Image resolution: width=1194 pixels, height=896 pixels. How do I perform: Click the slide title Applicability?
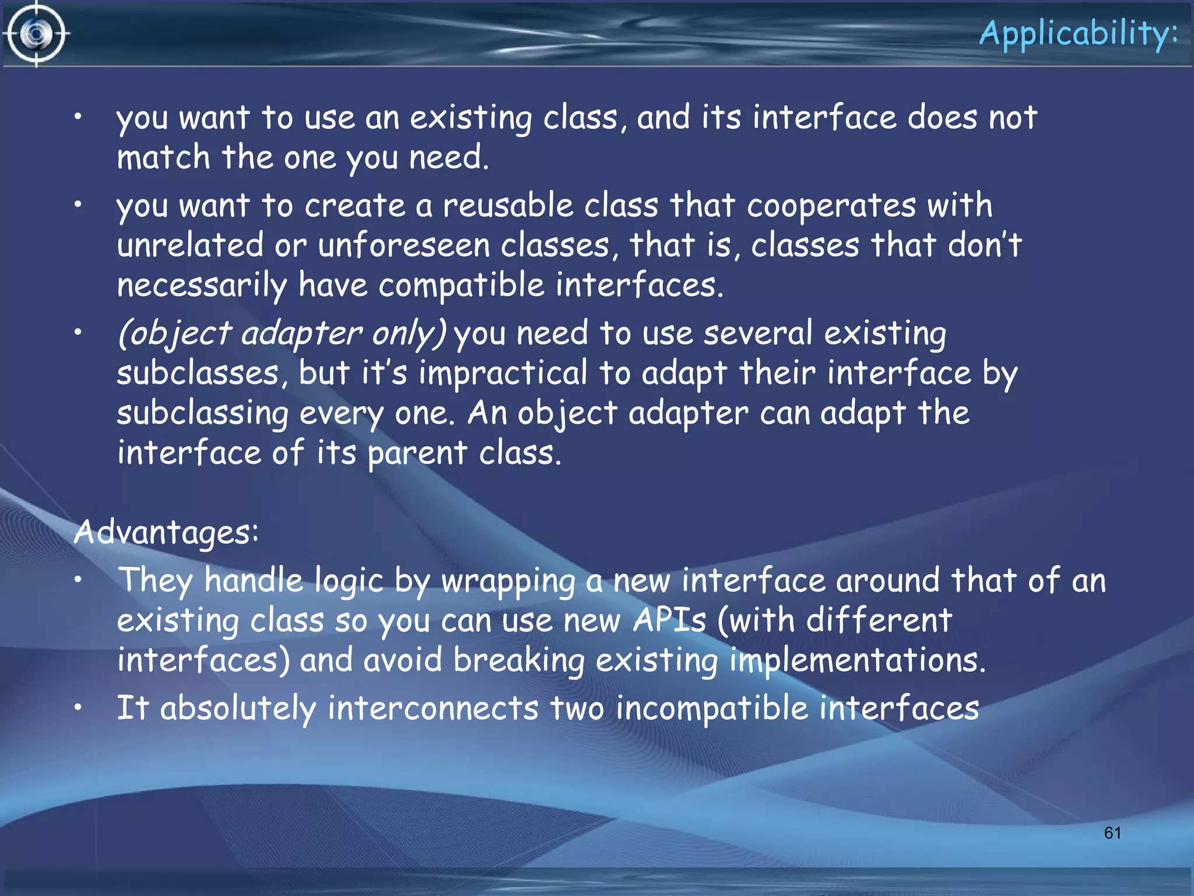tap(1079, 34)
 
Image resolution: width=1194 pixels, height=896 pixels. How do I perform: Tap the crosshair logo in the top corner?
tap(37, 34)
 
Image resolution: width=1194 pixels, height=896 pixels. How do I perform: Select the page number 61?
tap(1112, 832)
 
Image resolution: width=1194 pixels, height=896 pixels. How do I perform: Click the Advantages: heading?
tap(166, 532)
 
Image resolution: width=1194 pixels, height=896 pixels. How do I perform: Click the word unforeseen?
tap(403, 245)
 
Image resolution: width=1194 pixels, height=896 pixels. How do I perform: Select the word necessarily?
tap(202, 285)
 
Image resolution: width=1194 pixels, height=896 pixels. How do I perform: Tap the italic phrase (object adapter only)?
tap(282, 334)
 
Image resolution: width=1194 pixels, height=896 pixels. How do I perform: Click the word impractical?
tap(503, 373)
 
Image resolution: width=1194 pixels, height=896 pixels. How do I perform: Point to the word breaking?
tap(519, 660)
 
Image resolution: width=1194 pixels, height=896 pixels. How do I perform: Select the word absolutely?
tap(238, 708)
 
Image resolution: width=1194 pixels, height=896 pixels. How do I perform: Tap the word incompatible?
tap(712, 708)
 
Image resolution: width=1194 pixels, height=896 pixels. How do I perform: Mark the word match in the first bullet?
tap(163, 157)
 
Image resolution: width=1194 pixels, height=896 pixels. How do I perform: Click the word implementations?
tap(858, 660)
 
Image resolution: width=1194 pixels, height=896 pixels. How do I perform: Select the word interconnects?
tap(433, 708)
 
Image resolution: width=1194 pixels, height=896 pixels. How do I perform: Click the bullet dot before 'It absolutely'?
tap(78, 706)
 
